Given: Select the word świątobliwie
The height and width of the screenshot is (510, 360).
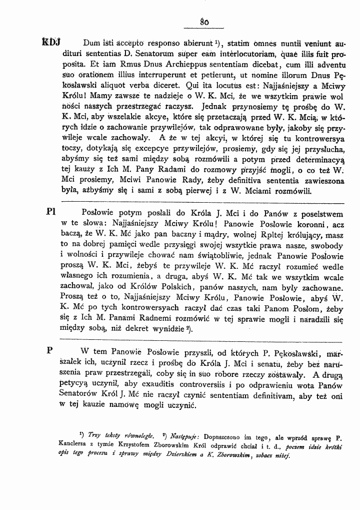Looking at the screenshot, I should [x=211, y=257].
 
